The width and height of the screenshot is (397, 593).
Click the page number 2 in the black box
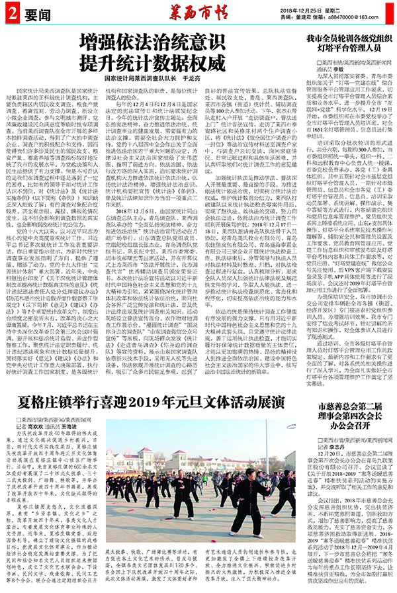point(11,13)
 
